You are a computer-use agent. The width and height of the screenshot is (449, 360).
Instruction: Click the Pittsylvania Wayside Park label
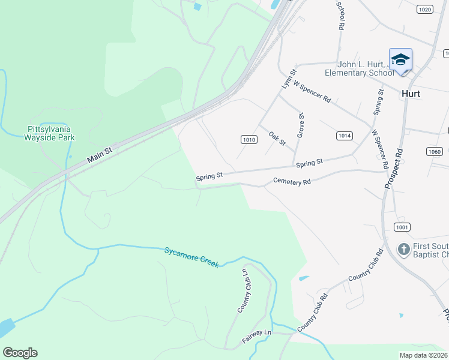51,133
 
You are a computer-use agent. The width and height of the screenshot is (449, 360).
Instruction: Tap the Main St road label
100,156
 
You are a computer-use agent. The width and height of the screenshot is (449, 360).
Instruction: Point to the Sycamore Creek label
192,257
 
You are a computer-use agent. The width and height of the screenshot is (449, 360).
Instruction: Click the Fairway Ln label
257,336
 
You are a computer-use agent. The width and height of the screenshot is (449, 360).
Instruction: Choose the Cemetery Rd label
291,181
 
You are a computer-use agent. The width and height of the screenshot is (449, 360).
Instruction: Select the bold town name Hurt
411,94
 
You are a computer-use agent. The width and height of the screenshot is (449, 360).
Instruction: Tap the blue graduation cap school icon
400,59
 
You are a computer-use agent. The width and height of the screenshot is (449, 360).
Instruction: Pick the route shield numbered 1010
249,139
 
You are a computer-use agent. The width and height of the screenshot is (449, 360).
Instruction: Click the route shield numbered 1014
344,136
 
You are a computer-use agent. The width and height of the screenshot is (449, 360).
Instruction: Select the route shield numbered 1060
435,151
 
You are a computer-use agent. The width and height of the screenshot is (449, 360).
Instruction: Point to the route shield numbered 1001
402,226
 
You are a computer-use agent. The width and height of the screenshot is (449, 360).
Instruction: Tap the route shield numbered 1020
424,9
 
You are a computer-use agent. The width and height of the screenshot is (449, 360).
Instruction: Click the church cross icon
404,248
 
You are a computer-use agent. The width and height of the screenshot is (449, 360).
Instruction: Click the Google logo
20,353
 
